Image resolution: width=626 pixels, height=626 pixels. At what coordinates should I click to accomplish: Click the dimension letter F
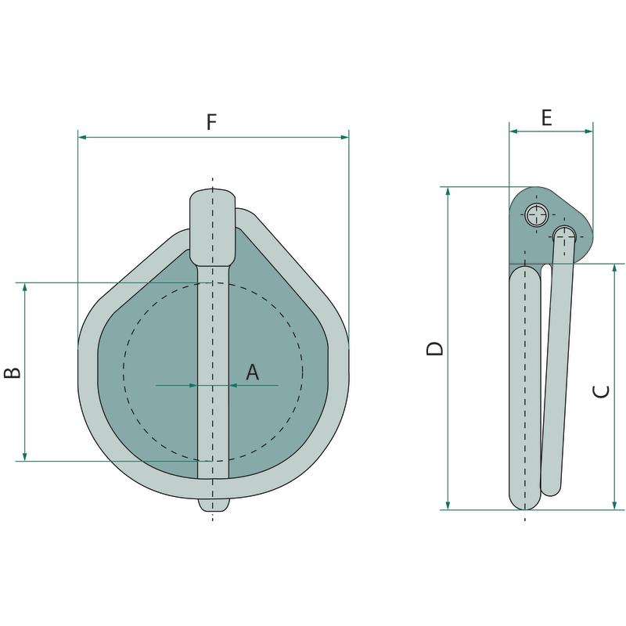click(211, 122)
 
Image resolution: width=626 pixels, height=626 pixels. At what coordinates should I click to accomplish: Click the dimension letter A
click(252, 372)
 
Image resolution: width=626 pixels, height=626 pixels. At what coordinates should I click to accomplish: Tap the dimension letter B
click(13, 372)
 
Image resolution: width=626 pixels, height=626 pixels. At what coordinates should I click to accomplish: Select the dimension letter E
click(546, 117)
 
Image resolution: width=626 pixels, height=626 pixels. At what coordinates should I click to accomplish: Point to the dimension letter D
click(435, 348)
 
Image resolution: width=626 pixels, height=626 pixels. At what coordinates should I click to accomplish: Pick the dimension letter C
click(602, 391)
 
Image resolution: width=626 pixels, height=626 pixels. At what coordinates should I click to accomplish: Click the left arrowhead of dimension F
click(82, 138)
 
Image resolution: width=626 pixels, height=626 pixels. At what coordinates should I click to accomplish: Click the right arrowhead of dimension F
click(344, 138)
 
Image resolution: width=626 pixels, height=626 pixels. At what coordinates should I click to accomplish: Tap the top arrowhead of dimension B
click(25, 287)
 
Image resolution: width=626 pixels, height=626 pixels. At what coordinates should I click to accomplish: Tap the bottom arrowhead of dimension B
click(25, 457)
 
